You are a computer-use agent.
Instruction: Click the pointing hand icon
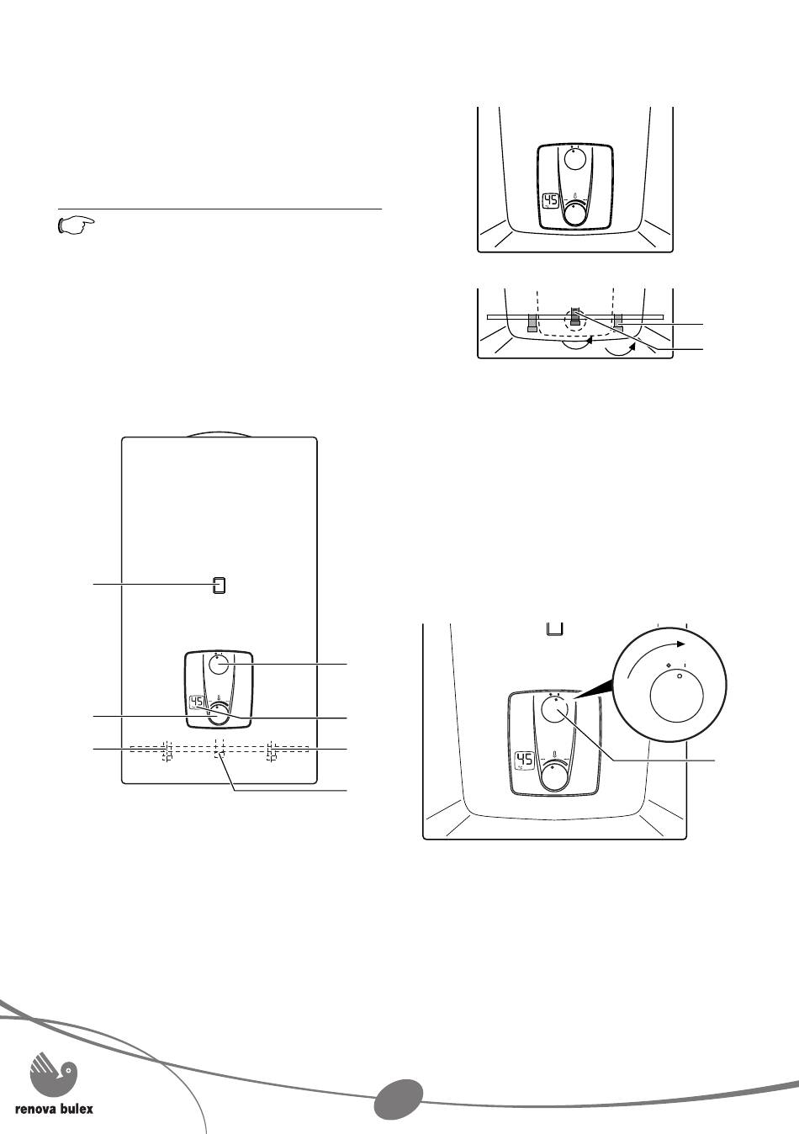tap(77, 225)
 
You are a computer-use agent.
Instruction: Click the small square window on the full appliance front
tap(220, 585)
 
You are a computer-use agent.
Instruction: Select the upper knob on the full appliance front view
tap(219, 664)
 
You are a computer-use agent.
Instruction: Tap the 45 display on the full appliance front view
tap(196, 703)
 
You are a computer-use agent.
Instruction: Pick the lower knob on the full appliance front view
tap(219, 714)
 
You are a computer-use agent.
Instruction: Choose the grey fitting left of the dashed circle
tap(532, 323)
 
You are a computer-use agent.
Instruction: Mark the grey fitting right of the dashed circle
tap(618, 323)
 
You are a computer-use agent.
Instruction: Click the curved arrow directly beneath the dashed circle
tap(577, 344)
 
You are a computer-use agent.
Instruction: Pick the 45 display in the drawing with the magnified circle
tap(524, 760)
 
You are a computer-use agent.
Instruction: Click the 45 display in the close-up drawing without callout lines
tap(551, 201)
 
